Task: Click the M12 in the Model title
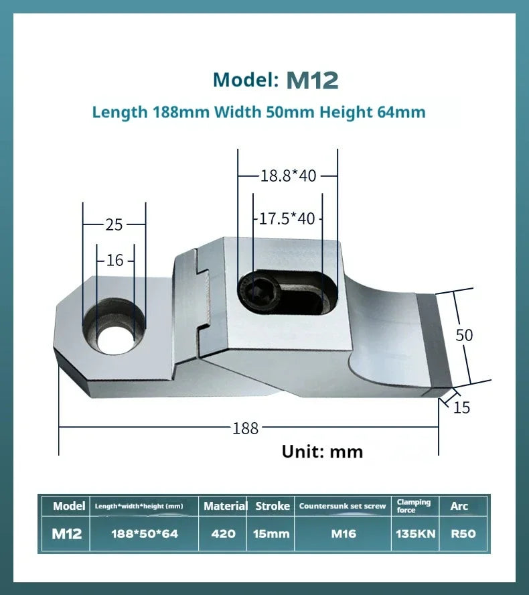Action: (312, 80)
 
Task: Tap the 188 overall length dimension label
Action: (245, 428)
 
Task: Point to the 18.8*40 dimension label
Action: (288, 176)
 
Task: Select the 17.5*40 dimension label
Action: (287, 218)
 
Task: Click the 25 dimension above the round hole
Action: (114, 224)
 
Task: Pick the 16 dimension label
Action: (115, 260)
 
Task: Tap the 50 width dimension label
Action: (464, 335)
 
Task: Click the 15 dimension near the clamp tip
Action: (461, 407)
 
